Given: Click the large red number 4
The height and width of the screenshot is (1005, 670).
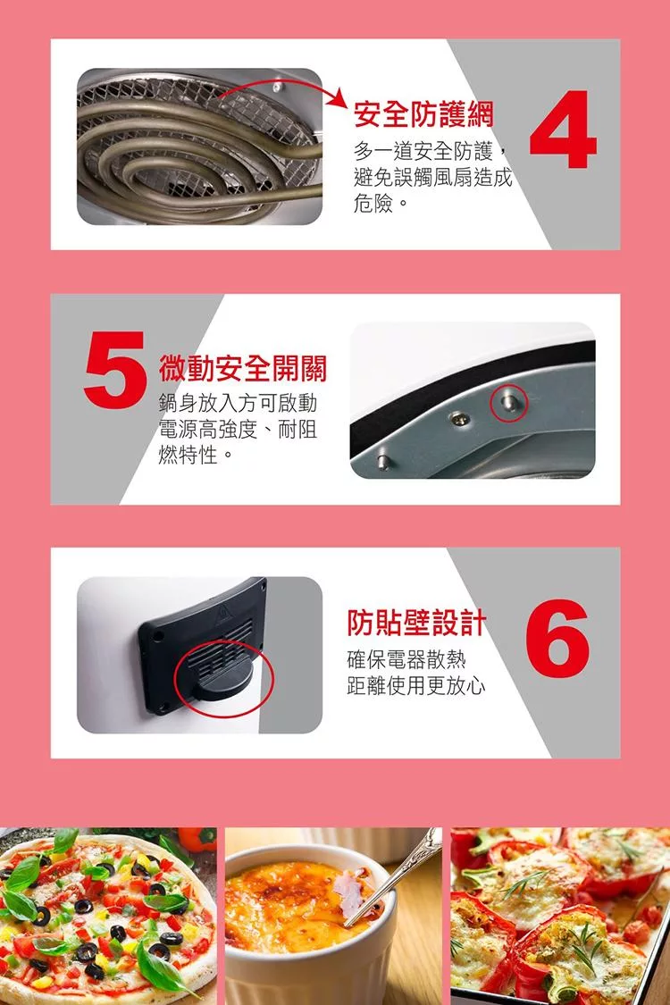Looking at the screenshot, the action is click(x=564, y=130).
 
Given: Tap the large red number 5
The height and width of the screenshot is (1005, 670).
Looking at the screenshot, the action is click(x=115, y=369).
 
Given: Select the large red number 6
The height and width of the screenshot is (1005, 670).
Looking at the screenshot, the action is click(x=557, y=639).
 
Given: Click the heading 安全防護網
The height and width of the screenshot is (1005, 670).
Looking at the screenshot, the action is click(x=423, y=114).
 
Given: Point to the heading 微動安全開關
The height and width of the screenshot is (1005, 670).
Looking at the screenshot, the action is click(x=243, y=368).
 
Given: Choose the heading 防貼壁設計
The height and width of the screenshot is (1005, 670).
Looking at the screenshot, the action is click(x=417, y=623).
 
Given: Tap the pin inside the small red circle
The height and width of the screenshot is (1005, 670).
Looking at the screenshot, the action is click(x=509, y=403).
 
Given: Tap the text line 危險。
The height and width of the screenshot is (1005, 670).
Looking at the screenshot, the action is click(x=381, y=204).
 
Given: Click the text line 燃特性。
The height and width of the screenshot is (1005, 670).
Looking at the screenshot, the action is click(x=196, y=456).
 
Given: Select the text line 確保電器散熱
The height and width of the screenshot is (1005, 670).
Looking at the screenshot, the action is click(x=406, y=659).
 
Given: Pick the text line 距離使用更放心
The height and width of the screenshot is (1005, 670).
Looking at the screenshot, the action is click(x=416, y=686).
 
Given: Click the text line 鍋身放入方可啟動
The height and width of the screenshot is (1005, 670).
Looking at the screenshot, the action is click(x=238, y=403).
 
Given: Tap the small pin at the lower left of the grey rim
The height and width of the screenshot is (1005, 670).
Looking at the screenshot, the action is click(x=382, y=459).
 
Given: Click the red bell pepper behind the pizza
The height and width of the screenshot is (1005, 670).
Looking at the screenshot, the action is click(x=197, y=838).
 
